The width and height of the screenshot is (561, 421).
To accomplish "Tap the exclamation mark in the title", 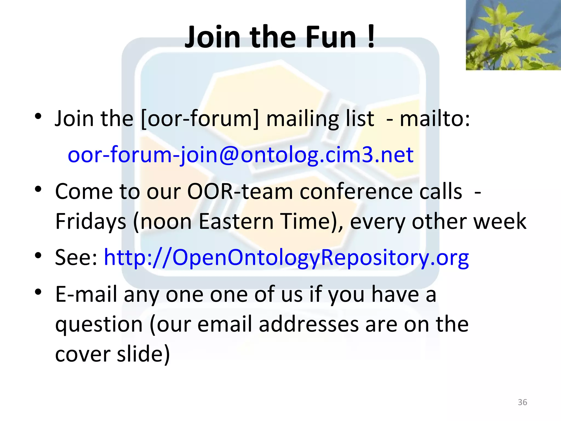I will (x=371, y=37).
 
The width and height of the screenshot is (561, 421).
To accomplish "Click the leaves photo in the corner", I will (x=513, y=35).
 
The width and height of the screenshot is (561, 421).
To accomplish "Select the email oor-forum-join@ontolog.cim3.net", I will (x=241, y=155).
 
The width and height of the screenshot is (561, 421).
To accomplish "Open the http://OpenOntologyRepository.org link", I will (x=286, y=258).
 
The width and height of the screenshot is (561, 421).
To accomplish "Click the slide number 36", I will (x=522, y=402).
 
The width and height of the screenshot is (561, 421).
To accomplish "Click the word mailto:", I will (x=435, y=119).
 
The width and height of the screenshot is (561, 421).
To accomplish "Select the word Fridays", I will (x=90, y=221).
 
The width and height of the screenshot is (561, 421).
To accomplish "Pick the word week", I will (x=500, y=221).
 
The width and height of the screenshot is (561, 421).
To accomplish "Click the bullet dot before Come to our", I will (x=38, y=189).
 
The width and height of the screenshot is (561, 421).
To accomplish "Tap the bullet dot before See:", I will (x=38, y=255).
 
